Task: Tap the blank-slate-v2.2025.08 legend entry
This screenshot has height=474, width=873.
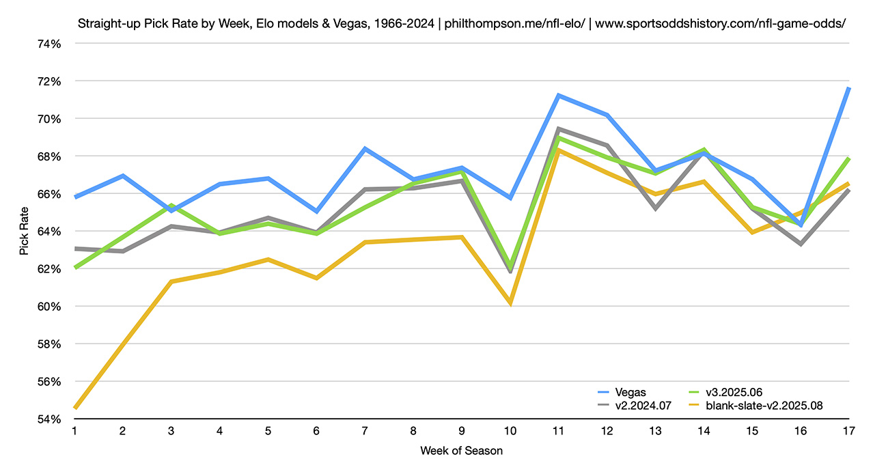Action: click(x=756, y=405)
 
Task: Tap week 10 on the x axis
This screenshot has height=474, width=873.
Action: click(x=510, y=432)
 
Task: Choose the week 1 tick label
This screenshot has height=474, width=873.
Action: click(x=74, y=432)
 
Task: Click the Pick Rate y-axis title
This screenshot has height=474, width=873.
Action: click(x=25, y=231)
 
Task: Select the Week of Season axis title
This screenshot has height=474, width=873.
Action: click(x=461, y=451)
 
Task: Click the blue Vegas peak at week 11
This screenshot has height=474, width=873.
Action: click(x=559, y=96)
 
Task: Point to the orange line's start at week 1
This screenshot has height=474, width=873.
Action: click(x=74, y=408)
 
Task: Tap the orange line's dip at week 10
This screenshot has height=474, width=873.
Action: click(x=510, y=303)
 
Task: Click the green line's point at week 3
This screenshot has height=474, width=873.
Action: click(x=171, y=205)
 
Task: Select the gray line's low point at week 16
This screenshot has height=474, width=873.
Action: click(x=801, y=244)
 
